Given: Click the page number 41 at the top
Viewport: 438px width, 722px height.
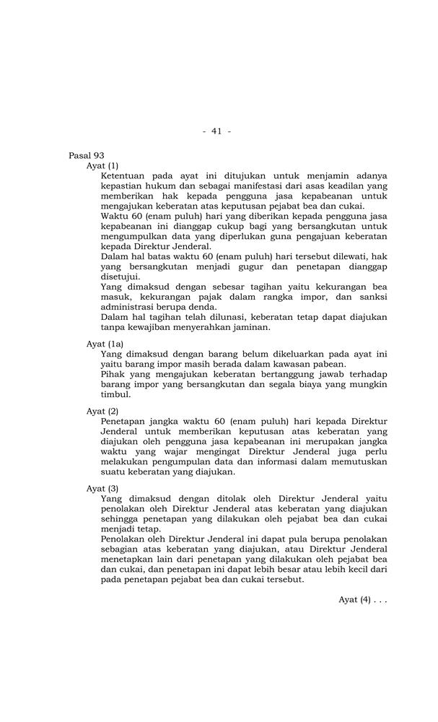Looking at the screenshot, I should click(216, 131).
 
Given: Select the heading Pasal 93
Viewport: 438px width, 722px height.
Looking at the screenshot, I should click(87, 155).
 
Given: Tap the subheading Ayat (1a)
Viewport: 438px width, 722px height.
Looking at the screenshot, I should click(105, 344).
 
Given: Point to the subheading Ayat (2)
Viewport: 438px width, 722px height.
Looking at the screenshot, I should click(102, 411).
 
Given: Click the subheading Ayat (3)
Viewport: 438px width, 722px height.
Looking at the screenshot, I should click(102, 488).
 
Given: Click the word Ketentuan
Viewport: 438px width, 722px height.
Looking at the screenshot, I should click(126, 175).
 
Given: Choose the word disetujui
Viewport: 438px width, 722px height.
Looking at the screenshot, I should click(121, 277).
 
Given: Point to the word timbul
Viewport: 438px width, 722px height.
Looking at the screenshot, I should click(115, 394).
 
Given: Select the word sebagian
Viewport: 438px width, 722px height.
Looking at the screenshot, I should click(122, 549).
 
